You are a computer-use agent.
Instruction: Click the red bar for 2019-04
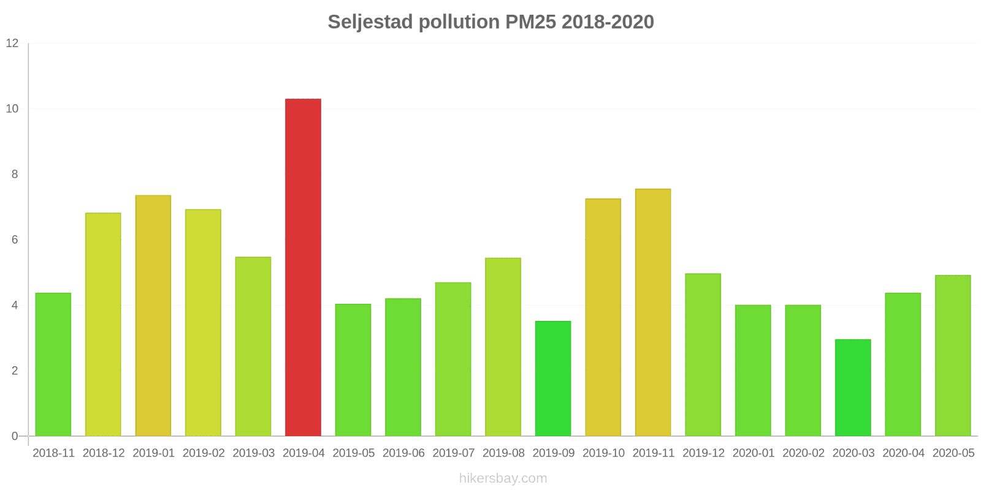pos(303,268)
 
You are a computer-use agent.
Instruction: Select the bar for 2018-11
pos(53,364)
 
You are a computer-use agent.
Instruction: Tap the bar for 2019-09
pos(553,379)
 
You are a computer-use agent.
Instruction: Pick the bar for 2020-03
pos(853,388)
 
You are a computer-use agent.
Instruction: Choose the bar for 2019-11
pos(653,312)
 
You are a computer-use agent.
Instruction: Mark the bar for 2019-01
pos(153,315)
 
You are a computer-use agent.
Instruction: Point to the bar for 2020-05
pos(953,356)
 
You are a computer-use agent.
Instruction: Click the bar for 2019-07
pos(453,360)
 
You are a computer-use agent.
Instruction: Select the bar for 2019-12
pos(703,355)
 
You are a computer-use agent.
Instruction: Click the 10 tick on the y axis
pos(12,109)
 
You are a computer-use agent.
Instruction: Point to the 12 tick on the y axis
pos(12,43)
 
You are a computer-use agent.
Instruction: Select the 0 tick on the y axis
pos(15,437)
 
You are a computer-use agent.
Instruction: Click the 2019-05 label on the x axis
pos(353,453)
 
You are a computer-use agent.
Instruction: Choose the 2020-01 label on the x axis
pos(753,453)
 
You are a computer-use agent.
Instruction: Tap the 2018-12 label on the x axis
pos(104,453)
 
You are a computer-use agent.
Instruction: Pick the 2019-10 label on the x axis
pos(603,453)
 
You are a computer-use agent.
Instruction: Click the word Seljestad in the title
pos(370,22)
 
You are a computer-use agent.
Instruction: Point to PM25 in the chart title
pos(530,22)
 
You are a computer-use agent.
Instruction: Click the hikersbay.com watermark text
pos(503,478)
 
